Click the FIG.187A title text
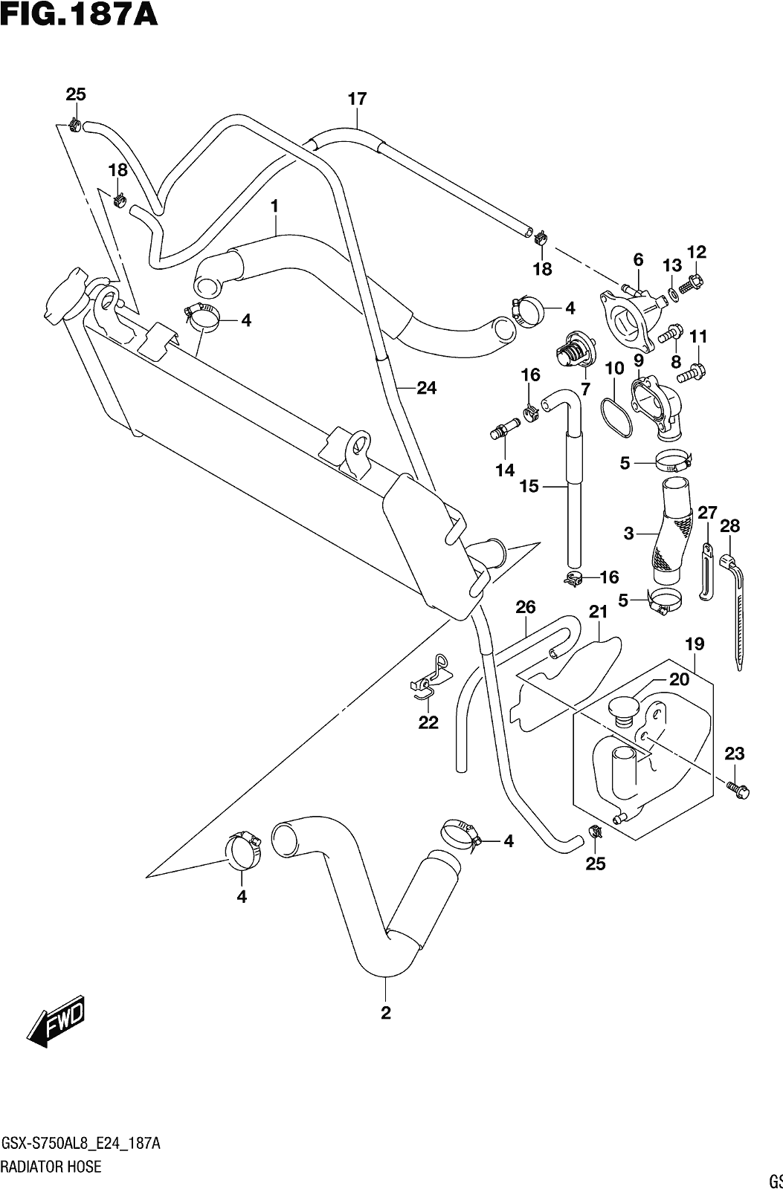[x=80, y=14]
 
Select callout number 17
[x=358, y=99]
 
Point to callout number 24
[x=426, y=389]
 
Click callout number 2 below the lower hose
[x=386, y=1014]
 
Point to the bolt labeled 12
[x=693, y=283]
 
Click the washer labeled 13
[x=671, y=293]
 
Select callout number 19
[x=695, y=644]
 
